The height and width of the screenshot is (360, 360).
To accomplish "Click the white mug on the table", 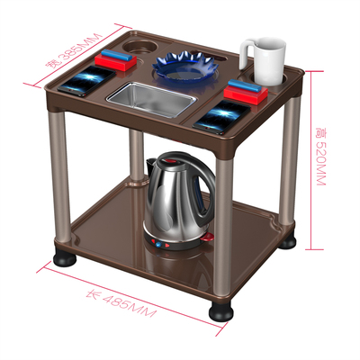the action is [x=265, y=61].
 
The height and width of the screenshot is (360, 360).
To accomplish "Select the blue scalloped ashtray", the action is [x=185, y=67].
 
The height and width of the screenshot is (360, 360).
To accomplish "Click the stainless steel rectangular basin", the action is [x=152, y=99].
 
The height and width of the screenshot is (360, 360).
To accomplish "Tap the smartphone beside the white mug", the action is [x=222, y=118].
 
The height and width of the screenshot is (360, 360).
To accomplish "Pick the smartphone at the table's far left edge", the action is [x=86, y=81].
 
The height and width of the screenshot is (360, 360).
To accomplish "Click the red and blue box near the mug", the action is [x=246, y=92].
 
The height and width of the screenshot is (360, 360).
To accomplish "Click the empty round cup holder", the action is [x=140, y=47].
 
